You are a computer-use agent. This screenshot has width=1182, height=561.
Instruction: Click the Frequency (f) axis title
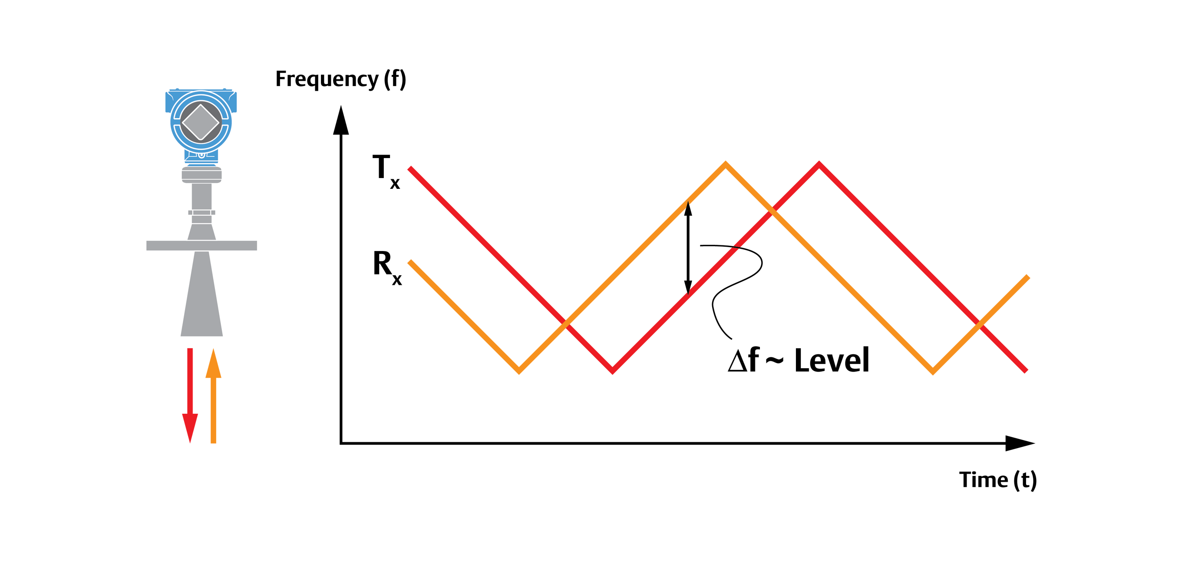click(x=340, y=79)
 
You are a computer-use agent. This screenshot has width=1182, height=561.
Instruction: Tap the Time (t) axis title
click(x=997, y=480)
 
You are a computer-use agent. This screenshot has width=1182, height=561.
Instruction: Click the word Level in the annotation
click(x=832, y=360)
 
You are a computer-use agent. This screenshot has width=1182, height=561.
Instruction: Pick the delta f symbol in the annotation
click(x=743, y=360)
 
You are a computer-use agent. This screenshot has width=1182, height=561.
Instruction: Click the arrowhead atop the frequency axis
click(x=340, y=120)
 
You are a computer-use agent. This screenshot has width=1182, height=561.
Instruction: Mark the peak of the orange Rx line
click(x=726, y=164)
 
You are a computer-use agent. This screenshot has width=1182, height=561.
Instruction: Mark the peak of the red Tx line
click(x=819, y=164)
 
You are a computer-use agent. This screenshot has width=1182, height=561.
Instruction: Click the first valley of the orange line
click(x=519, y=371)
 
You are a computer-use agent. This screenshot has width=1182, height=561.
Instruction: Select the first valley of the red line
click(x=613, y=371)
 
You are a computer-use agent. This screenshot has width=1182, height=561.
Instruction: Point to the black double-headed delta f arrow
click(x=688, y=247)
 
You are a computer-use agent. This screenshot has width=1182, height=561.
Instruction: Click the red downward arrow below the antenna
click(x=190, y=395)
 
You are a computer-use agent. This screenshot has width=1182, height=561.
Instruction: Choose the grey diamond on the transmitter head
click(x=201, y=122)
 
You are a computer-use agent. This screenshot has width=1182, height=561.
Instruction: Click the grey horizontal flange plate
click(x=201, y=245)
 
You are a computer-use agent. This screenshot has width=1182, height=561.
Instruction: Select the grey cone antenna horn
click(x=201, y=298)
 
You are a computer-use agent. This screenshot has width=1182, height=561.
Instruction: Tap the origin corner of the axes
click(x=341, y=443)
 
